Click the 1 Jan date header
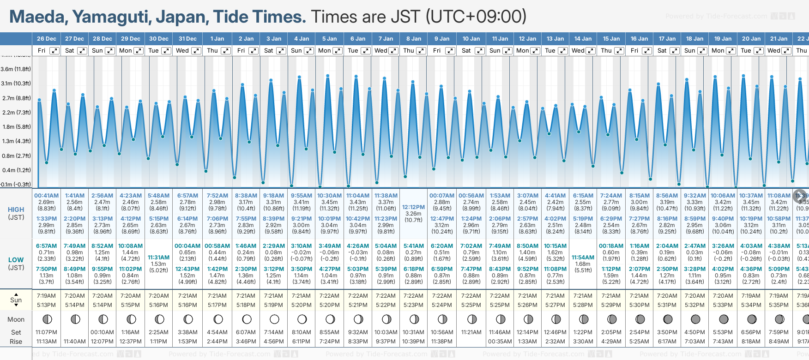(x=217, y=39)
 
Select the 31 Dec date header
(x=187, y=39)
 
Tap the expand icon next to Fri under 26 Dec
(x=54, y=51)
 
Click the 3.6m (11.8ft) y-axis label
(x=16, y=69)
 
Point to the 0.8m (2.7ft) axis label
(x=16, y=156)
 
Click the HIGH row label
(x=16, y=210)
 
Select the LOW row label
(x=16, y=260)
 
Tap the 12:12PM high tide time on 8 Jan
(x=413, y=207)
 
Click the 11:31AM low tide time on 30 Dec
(x=158, y=258)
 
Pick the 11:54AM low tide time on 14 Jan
(x=583, y=258)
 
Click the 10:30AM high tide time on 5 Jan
(x=329, y=196)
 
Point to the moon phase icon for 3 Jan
(x=274, y=319)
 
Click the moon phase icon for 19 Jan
(x=724, y=319)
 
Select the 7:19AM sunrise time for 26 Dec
(x=46, y=296)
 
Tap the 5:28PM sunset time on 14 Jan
(x=583, y=305)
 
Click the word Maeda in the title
(x=38, y=17)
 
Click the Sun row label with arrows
(x=16, y=300)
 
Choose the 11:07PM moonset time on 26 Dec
(x=46, y=332)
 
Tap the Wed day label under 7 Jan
(x=381, y=51)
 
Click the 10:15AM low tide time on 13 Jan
(x=555, y=246)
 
